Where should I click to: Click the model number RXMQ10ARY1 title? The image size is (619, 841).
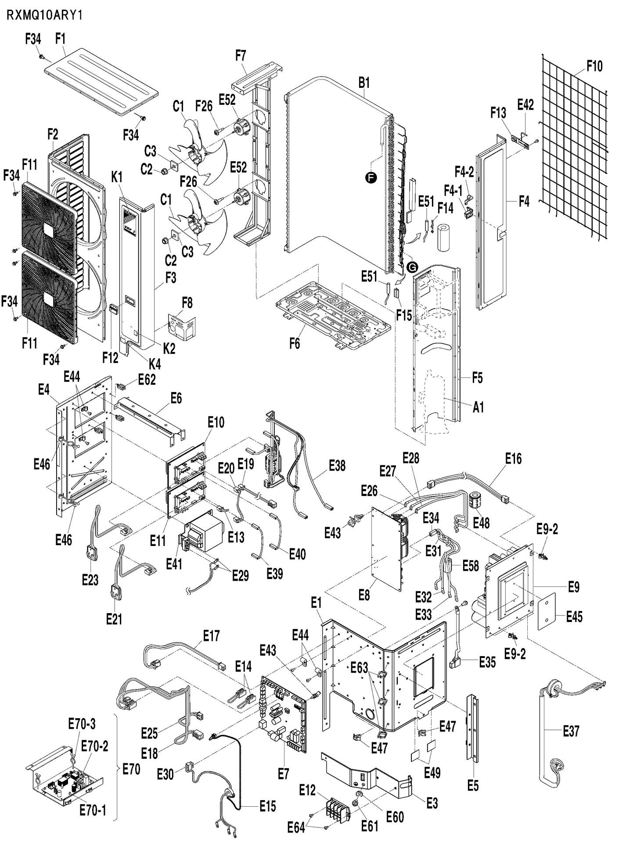pyautogui.click(x=44, y=16)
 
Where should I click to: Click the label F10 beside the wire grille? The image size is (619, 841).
pyautogui.click(x=594, y=66)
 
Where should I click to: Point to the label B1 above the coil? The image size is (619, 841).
pyautogui.click(x=364, y=83)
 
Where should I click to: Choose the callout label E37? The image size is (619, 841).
pyautogui.click(x=571, y=731)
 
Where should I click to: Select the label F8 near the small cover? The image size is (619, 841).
pyautogui.click(x=187, y=303)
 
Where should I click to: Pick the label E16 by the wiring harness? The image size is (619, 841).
pyautogui.click(x=513, y=459)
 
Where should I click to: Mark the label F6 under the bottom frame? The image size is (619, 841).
pyautogui.click(x=295, y=344)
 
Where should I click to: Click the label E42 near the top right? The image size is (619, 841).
pyautogui.click(x=525, y=104)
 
